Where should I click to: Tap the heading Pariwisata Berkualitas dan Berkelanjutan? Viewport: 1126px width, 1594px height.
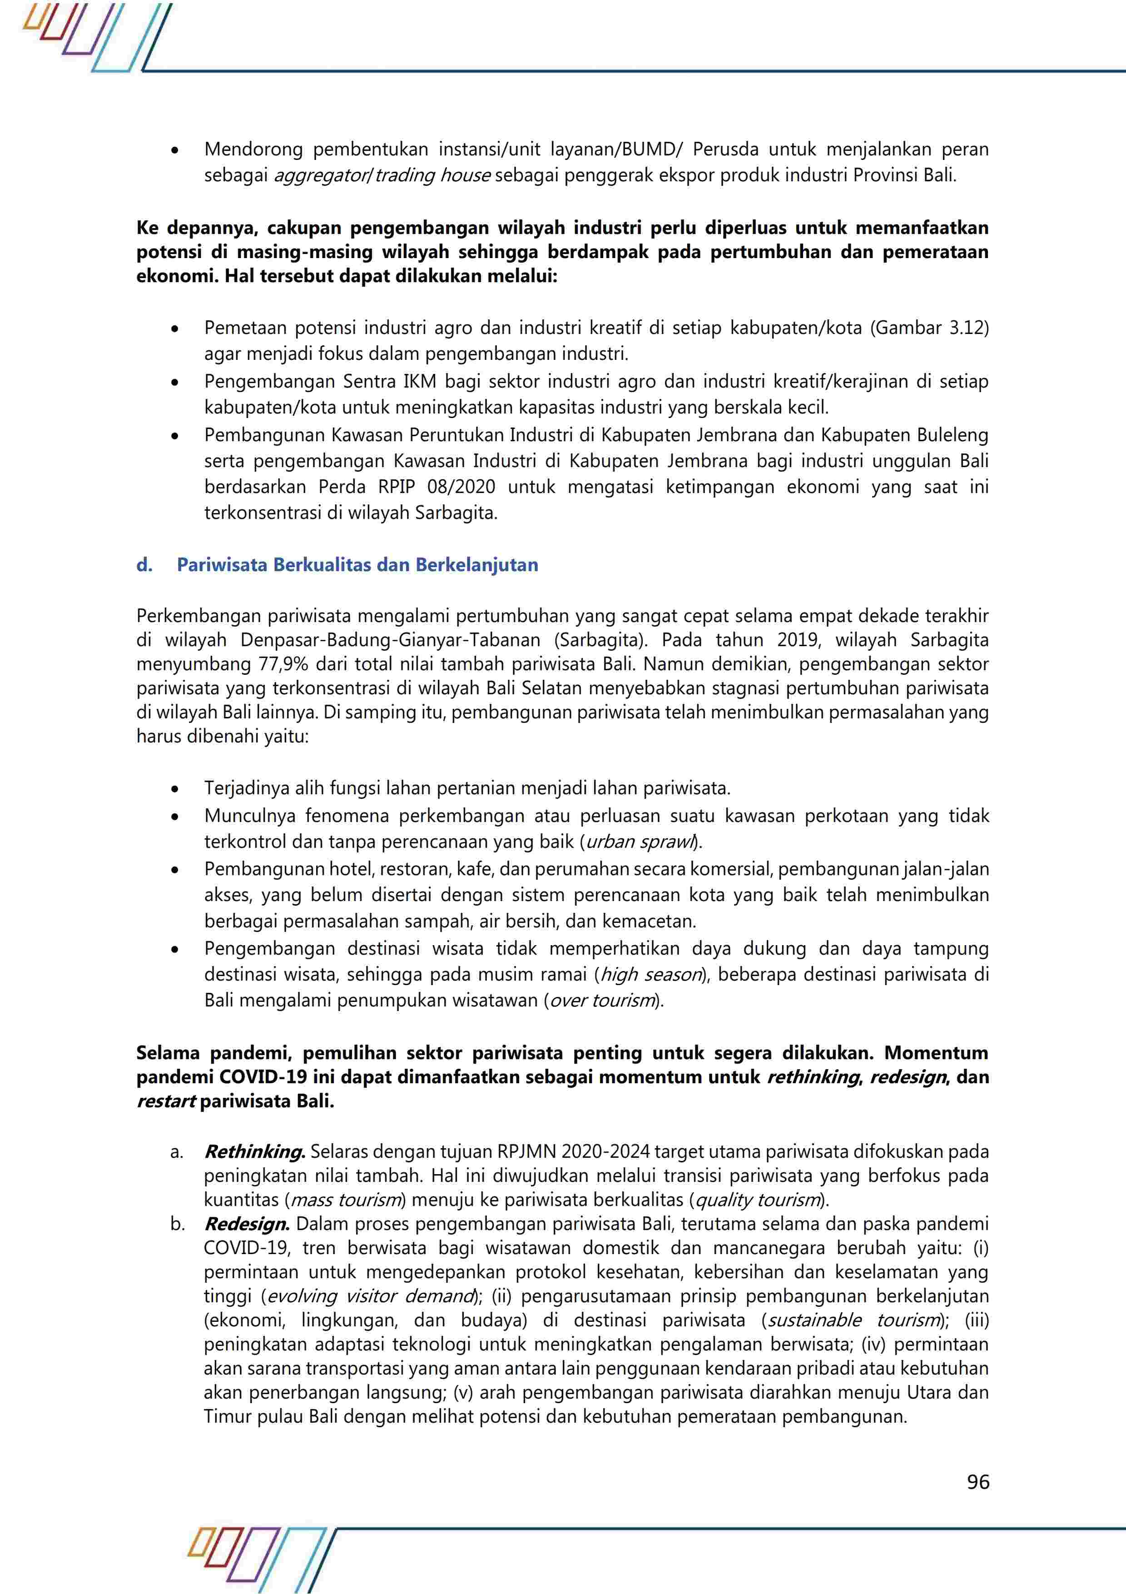click(x=357, y=565)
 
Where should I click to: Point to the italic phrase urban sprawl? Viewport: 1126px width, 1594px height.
click(x=640, y=842)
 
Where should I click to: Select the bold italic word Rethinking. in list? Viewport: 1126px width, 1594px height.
click(x=255, y=1152)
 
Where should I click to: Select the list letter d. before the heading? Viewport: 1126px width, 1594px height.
click(x=144, y=565)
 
